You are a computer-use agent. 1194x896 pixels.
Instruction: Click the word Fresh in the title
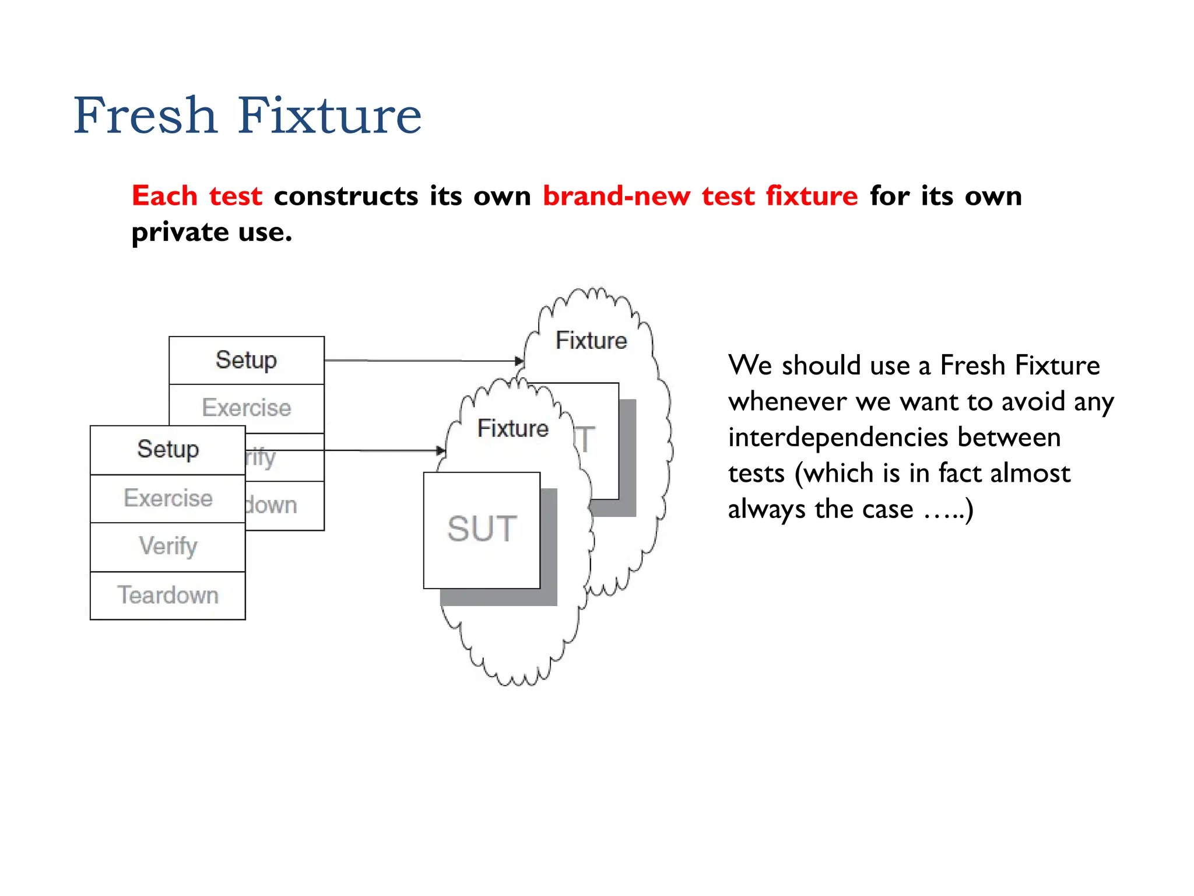pos(145,115)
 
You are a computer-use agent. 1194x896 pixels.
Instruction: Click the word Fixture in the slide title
pos(329,115)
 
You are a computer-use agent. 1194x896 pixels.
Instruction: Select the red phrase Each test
pos(196,195)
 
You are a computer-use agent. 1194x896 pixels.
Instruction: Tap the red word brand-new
pos(616,195)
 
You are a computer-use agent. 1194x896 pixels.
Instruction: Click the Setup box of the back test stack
pos(246,360)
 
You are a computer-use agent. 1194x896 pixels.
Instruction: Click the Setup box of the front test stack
pos(168,449)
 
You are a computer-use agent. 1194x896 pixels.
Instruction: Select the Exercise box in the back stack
pos(246,408)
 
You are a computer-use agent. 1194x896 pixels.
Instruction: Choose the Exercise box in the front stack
pos(168,498)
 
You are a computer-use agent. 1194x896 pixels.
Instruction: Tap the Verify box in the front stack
pos(168,547)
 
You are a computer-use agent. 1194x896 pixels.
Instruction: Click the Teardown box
pos(168,596)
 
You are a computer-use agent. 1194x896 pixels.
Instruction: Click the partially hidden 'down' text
pos(271,505)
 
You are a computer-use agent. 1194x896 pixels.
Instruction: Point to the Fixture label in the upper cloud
pos(591,340)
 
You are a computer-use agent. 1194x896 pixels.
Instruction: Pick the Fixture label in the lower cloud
pos(512,429)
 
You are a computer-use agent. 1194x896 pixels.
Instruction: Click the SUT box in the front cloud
pos(482,530)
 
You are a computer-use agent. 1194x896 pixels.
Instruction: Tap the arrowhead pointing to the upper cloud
pos(518,361)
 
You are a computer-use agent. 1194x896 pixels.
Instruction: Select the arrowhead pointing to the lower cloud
pos(441,451)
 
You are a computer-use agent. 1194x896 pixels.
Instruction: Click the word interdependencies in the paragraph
pos(894,437)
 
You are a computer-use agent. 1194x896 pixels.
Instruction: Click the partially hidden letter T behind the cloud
pos(585,440)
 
